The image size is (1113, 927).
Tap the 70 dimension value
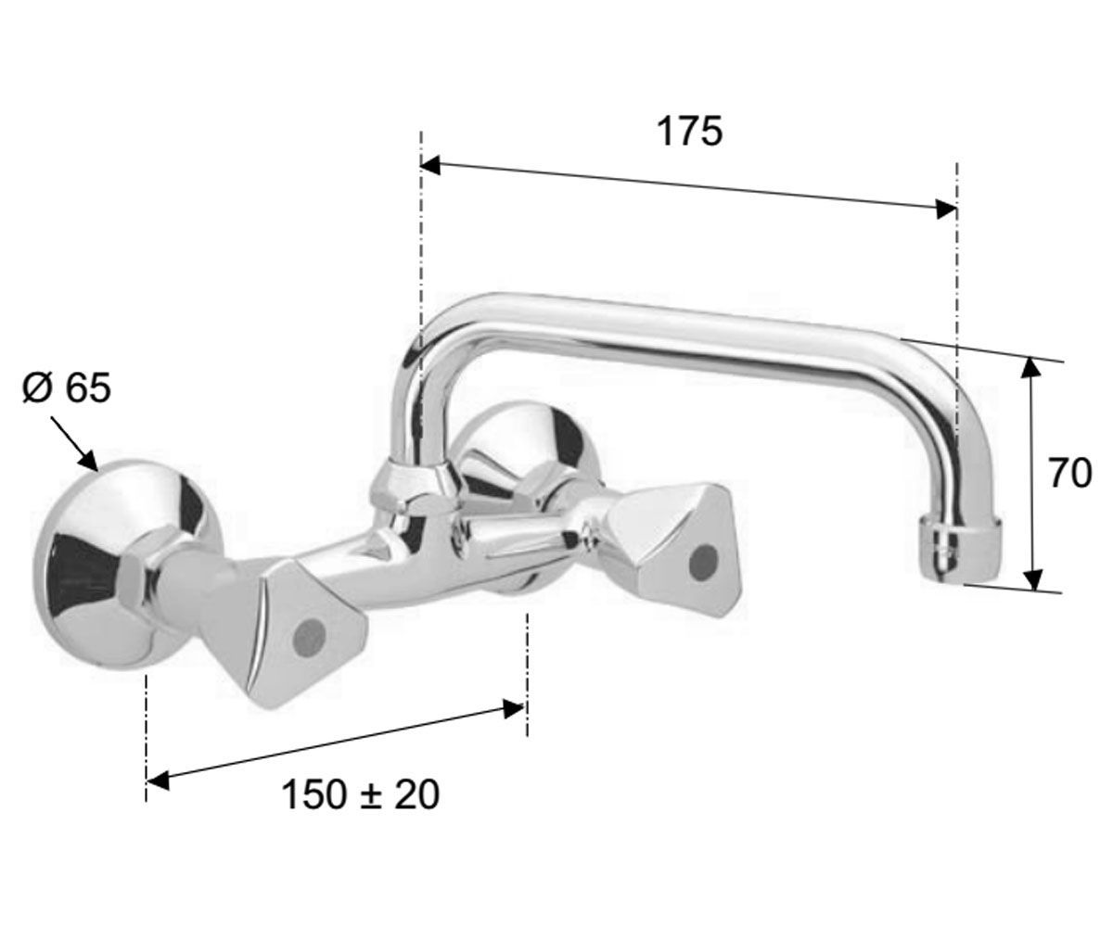pyautogui.click(x=1070, y=473)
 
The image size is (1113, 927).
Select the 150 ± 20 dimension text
pyautogui.click(x=361, y=794)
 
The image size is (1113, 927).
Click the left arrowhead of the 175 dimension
pyautogui.click(x=430, y=166)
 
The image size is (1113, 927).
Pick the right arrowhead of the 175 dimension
pyautogui.click(x=947, y=210)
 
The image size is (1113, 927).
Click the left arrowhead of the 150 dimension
pyautogui.click(x=158, y=781)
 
